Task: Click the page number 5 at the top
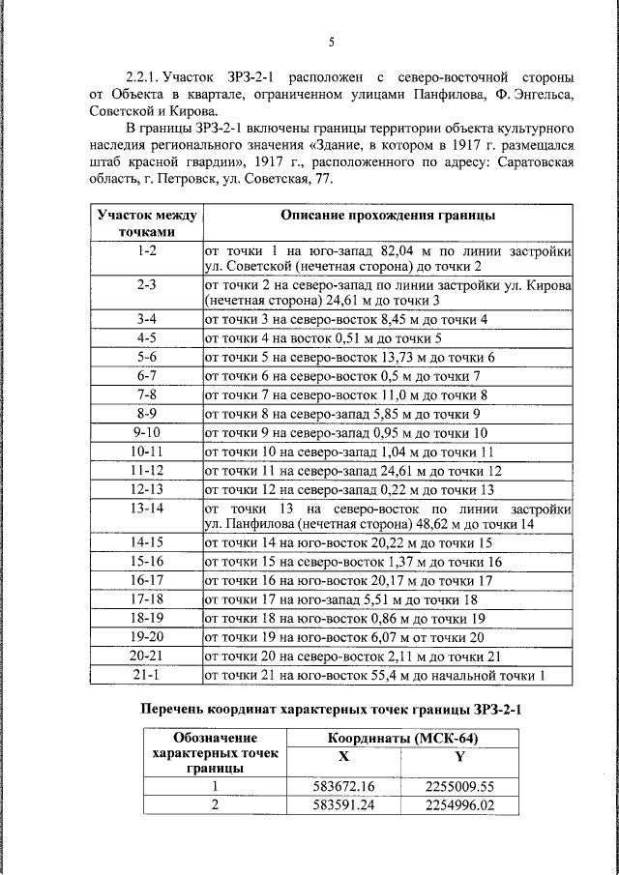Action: (x=332, y=43)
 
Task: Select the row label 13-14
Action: (x=147, y=508)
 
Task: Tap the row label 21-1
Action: (x=147, y=675)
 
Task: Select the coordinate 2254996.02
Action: (x=459, y=804)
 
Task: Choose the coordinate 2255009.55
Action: (x=459, y=786)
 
